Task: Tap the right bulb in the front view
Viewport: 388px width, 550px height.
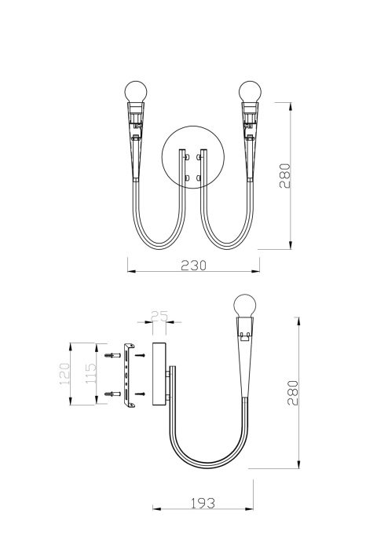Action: (x=251, y=90)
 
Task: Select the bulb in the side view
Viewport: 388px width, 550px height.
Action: (x=246, y=306)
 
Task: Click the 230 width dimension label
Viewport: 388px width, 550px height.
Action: (x=193, y=265)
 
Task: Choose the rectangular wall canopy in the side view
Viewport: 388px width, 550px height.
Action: (x=157, y=374)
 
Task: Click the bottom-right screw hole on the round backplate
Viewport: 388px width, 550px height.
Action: (x=200, y=178)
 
